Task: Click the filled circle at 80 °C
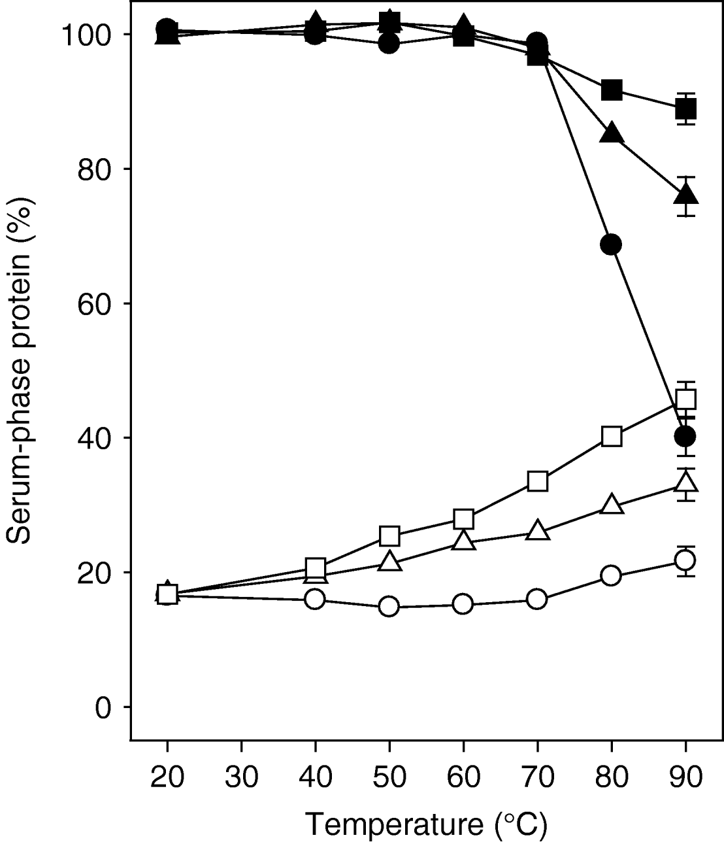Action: pyautogui.click(x=611, y=245)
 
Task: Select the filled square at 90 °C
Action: pyautogui.click(x=685, y=109)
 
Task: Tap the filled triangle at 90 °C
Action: pyautogui.click(x=685, y=194)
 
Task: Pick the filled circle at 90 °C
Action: pyautogui.click(x=685, y=436)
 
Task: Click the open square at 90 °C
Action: pyautogui.click(x=685, y=399)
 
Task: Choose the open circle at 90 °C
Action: pyautogui.click(x=685, y=560)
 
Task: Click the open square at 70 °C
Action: pyautogui.click(x=537, y=481)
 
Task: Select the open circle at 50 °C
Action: pyautogui.click(x=389, y=607)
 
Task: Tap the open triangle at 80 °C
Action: pyautogui.click(x=611, y=505)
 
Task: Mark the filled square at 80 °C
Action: pyautogui.click(x=611, y=90)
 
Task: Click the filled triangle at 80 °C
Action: pyautogui.click(x=611, y=133)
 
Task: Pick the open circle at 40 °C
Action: pyautogui.click(x=315, y=599)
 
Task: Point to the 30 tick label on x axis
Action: pyautogui.click(x=242, y=778)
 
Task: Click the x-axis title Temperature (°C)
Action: pyautogui.click(x=426, y=825)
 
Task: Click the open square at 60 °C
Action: pyautogui.click(x=463, y=519)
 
